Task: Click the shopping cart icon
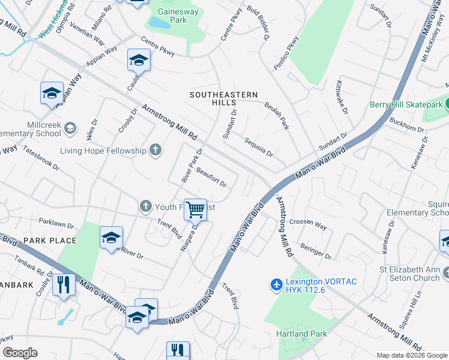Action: pos(195,210)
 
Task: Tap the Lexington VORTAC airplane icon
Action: pos(276,283)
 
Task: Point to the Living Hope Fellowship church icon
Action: pos(155,150)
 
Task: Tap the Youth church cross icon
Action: pos(145,207)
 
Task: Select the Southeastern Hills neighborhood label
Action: pos(223,98)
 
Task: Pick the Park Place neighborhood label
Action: pos(50,241)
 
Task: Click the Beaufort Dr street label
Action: pos(211,177)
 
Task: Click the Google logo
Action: pos(20,353)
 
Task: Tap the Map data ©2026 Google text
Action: pos(412,355)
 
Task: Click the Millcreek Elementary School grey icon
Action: pos(70,128)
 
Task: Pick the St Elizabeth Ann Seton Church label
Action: pos(410,273)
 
